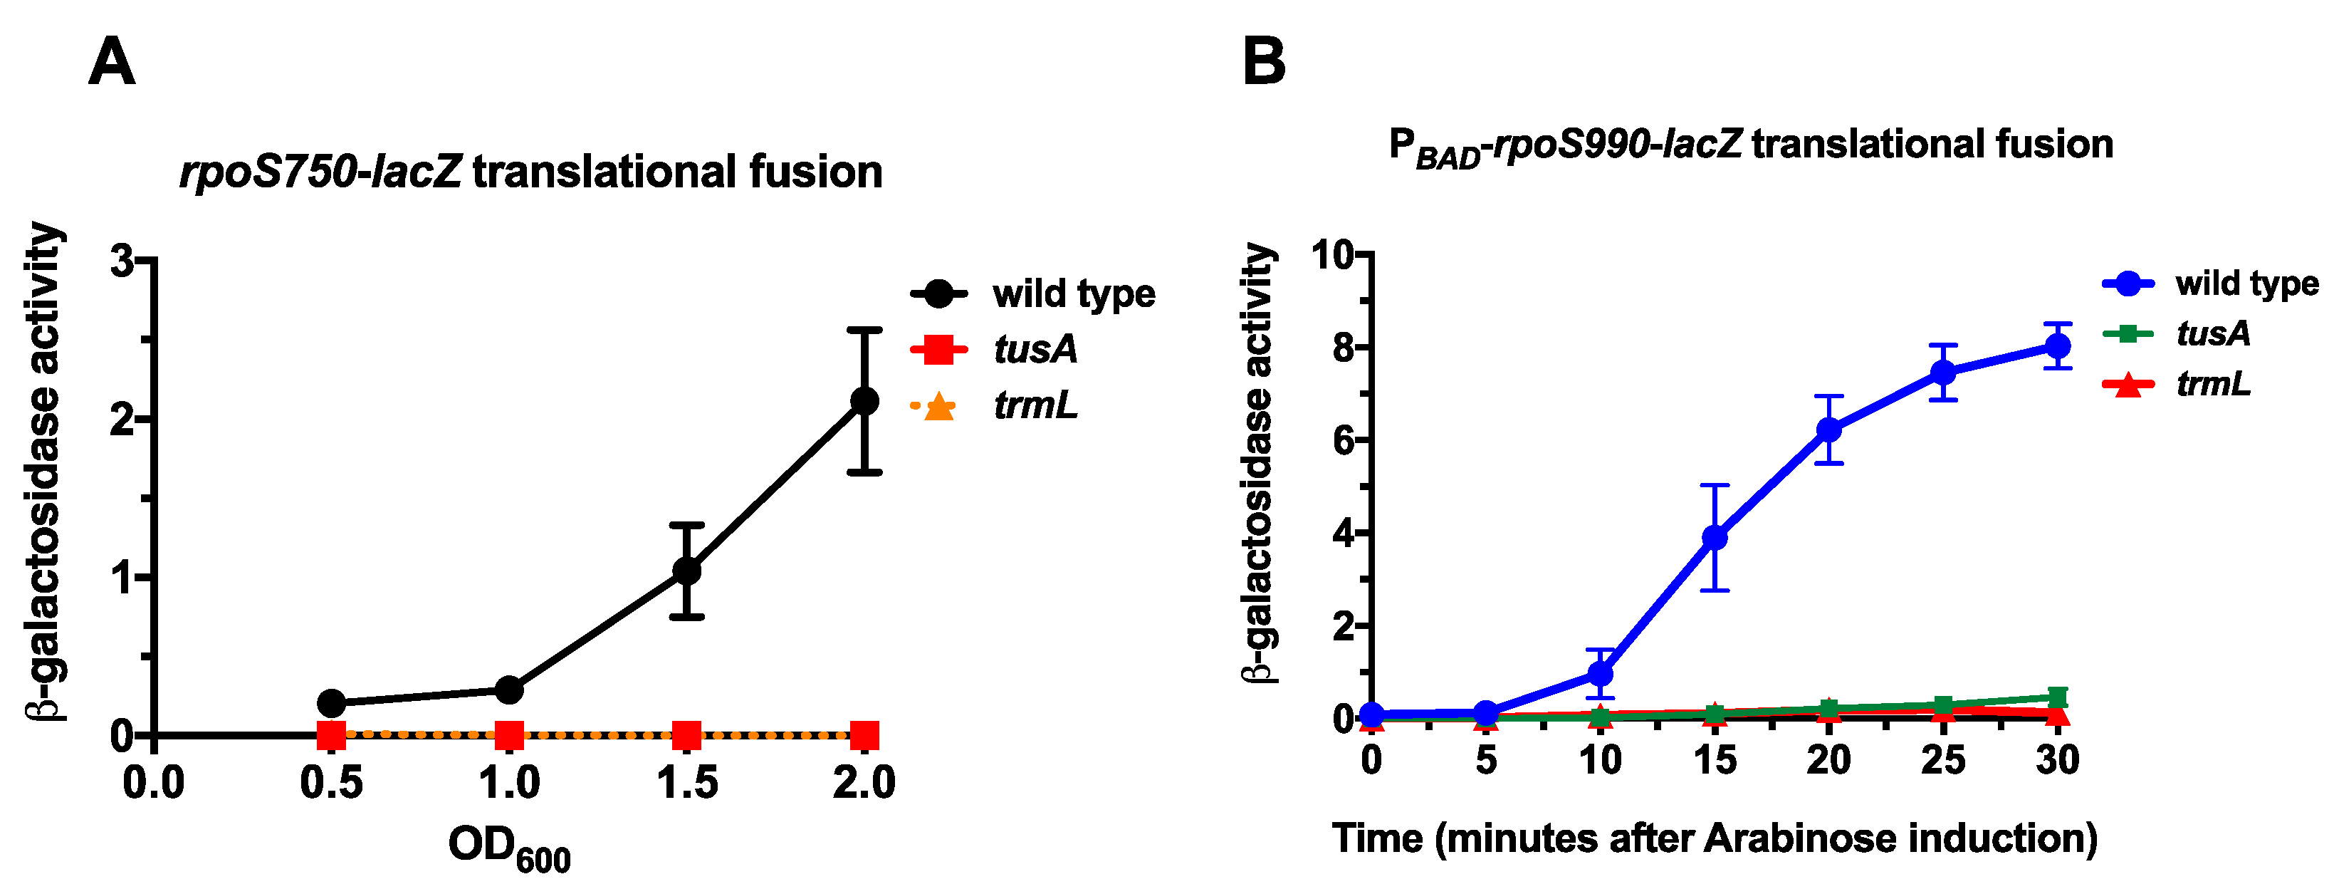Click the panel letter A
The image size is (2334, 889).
tap(112, 63)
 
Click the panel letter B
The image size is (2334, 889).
tap(1263, 63)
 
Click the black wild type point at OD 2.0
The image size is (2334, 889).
tap(864, 400)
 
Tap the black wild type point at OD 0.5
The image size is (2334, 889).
tap(332, 702)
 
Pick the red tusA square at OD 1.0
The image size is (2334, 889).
tap(509, 734)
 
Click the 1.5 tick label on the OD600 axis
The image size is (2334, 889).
tap(687, 783)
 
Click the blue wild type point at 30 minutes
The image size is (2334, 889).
tap(2058, 346)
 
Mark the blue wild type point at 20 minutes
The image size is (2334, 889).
tap(1829, 430)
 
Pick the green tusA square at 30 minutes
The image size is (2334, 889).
tap(2058, 697)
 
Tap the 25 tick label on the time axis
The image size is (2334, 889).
tap(1942, 759)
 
